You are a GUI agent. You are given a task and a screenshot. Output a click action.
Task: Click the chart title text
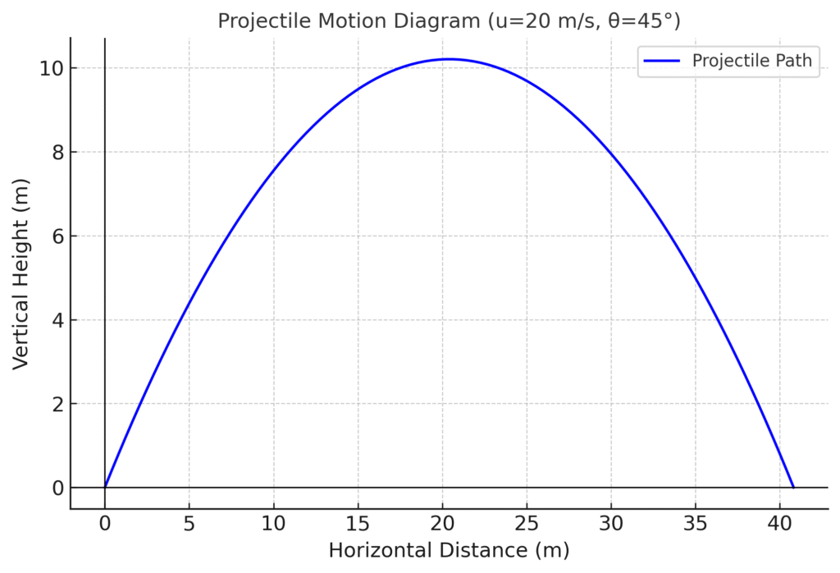click(448, 21)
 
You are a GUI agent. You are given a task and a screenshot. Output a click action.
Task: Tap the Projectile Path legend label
click(751, 61)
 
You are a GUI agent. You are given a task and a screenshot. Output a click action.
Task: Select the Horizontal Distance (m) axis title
click(448, 550)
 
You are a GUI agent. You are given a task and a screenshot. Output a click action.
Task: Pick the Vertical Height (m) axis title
click(21, 273)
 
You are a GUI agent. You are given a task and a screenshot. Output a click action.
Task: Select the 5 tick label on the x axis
click(189, 523)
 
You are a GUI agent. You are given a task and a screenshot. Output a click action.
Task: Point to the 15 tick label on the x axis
click(358, 523)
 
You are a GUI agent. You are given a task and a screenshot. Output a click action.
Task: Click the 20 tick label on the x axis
click(442, 523)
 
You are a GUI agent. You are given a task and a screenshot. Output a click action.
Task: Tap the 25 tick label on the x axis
click(527, 523)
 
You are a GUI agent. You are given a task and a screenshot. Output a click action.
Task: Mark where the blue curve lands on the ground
click(793, 488)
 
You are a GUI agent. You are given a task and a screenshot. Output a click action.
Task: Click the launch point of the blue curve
click(105, 488)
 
